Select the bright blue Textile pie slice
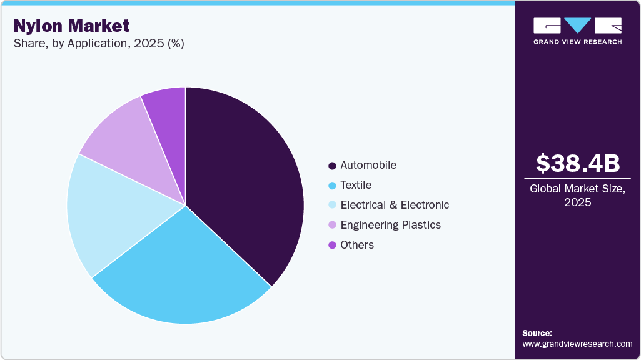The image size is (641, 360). pos(181,275)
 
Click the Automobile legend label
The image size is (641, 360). pos(368,165)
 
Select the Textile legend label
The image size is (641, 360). pos(356,185)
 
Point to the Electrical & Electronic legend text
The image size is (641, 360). pos(395,205)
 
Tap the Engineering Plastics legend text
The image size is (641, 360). pos(390,225)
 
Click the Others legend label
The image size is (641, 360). pos(357,245)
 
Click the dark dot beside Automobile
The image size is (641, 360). pos(332,166)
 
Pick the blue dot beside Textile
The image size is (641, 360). pos(332,186)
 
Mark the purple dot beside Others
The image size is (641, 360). pos(332,245)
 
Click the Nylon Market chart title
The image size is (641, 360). pos(71,26)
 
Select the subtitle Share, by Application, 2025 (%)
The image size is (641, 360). pos(98,44)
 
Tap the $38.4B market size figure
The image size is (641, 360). pos(578,163)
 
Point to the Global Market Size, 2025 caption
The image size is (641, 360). pos(578,195)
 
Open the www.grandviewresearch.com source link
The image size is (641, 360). pos(577,344)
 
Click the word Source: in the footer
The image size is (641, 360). pos(537,333)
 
